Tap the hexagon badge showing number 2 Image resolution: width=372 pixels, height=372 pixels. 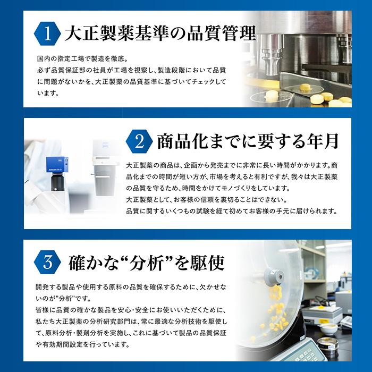tap(139, 141)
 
